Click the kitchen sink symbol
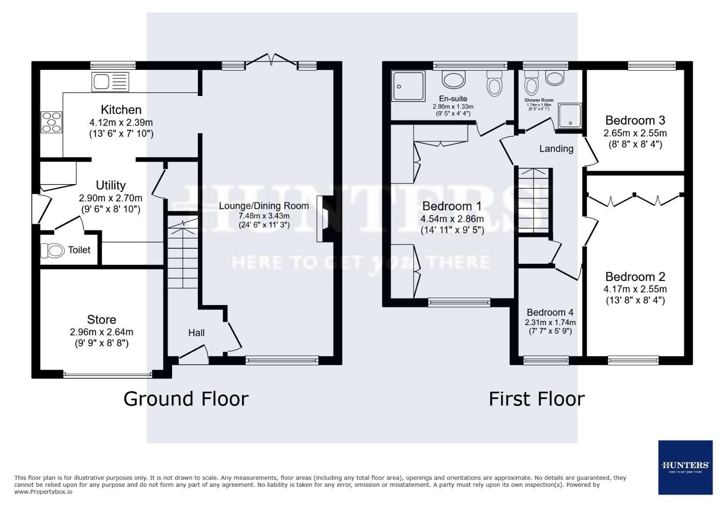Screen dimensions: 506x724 tap(110, 82)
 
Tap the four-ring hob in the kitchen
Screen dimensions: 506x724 tap(51, 122)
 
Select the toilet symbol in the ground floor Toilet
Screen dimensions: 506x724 tap(52, 251)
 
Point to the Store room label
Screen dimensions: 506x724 tap(102, 320)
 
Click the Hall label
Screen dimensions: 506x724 tap(196, 333)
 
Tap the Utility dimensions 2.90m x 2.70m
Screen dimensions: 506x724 tap(110, 198)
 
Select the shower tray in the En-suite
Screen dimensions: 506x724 tap(408, 86)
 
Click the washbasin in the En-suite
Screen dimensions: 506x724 tap(453, 80)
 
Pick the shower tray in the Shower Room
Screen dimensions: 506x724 tap(570, 116)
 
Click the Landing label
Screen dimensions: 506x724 tap(556, 149)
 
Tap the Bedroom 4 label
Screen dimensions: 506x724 tap(550, 313)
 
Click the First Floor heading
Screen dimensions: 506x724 tap(536, 399)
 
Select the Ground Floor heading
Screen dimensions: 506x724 tap(186, 399)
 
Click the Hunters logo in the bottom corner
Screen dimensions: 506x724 tap(685, 467)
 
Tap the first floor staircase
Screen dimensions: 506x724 tap(534, 201)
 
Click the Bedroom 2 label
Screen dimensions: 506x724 tap(635, 276)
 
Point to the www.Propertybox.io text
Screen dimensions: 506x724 tap(43, 492)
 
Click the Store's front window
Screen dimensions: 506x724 tap(107, 374)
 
